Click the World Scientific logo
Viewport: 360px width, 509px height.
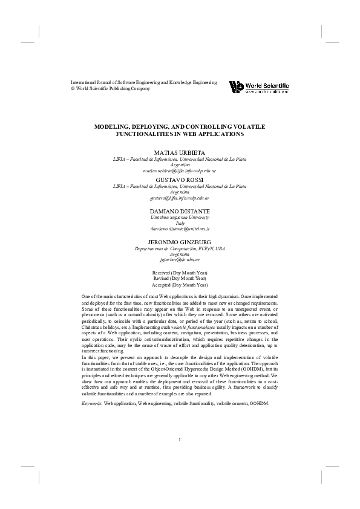[x=258, y=87]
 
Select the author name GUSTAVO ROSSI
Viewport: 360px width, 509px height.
[x=180, y=181]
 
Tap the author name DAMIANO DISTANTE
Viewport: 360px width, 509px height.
[x=180, y=208]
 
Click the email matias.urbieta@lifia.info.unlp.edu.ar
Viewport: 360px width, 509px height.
[x=180, y=171]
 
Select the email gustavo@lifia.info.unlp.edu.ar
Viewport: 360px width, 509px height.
[x=180, y=198]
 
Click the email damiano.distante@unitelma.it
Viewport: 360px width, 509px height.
[x=180, y=229]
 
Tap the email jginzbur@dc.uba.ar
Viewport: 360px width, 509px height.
[x=180, y=259]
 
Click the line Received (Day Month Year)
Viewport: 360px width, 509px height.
[x=180, y=273]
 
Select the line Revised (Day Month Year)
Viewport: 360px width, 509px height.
[x=180, y=279]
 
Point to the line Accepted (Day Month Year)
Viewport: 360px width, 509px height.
[x=180, y=284]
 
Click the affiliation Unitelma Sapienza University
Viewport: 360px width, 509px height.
[x=180, y=216]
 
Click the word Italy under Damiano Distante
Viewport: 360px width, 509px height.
[x=180, y=222]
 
